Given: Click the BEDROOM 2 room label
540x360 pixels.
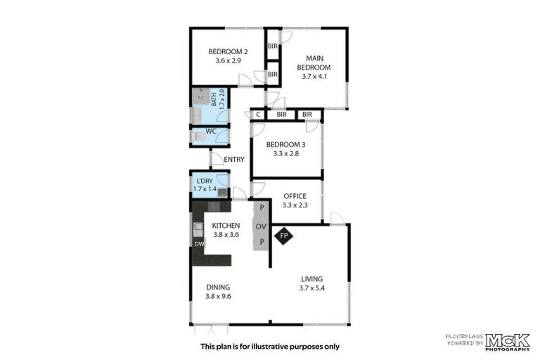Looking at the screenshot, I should coord(228,51).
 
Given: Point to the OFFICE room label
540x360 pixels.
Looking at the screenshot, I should coord(295,196).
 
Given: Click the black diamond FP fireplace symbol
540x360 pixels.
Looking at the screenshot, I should coord(285,236).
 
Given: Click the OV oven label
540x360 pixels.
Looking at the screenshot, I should coord(261,226).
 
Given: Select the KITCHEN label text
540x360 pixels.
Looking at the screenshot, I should coord(227,225).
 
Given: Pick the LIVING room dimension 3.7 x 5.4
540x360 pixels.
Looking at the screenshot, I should coord(311,288).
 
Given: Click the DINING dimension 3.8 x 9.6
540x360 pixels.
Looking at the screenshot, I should coord(218,297).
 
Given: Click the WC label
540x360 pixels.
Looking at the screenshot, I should coord(210,131).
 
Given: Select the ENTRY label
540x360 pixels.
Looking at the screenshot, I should coord(234,160).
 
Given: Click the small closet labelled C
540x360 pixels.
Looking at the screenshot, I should coord(258,114).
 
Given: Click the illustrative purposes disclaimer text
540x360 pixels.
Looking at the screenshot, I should coord(269,346).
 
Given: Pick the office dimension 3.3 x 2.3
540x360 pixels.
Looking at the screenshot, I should coord(295,205).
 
